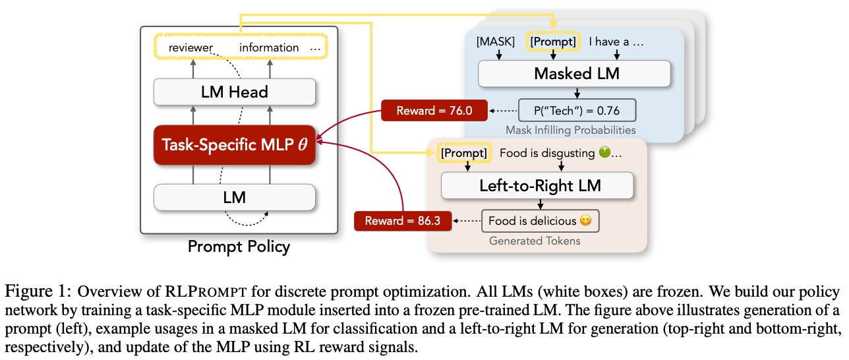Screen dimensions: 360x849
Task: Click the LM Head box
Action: pyautogui.click(x=234, y=92)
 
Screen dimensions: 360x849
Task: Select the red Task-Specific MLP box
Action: pyautogui.click(x=234, y=144)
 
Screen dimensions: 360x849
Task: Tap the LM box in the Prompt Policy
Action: pyautogui.click(x=234, y=196)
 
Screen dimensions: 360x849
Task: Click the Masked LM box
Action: pyautogui.click(x=576, y=73)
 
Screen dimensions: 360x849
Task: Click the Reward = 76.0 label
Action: pyautogui.click(x=434, y=111)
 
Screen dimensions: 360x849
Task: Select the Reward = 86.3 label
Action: pyautogui.click(x=402, y=221)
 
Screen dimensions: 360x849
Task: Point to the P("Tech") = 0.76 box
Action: pyautogui.click(x=577, y=110)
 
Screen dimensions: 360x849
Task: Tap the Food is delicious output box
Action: pyautogui.click(x=540, y=221)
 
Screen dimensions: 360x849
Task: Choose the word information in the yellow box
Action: pyautogui.click(x=268, y=47)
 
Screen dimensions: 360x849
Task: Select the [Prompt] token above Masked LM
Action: pyautogui.click(x=552, y=42)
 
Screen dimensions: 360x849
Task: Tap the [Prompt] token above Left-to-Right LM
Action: pyautogui.click(x=465, y=153)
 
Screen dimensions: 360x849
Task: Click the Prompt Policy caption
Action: pyautogui.click(x=239, y=247)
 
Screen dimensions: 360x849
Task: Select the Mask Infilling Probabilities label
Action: pyautogui.click(x=571, y=131)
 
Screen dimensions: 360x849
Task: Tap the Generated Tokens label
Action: pyautogui.click(x=535, y=241)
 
